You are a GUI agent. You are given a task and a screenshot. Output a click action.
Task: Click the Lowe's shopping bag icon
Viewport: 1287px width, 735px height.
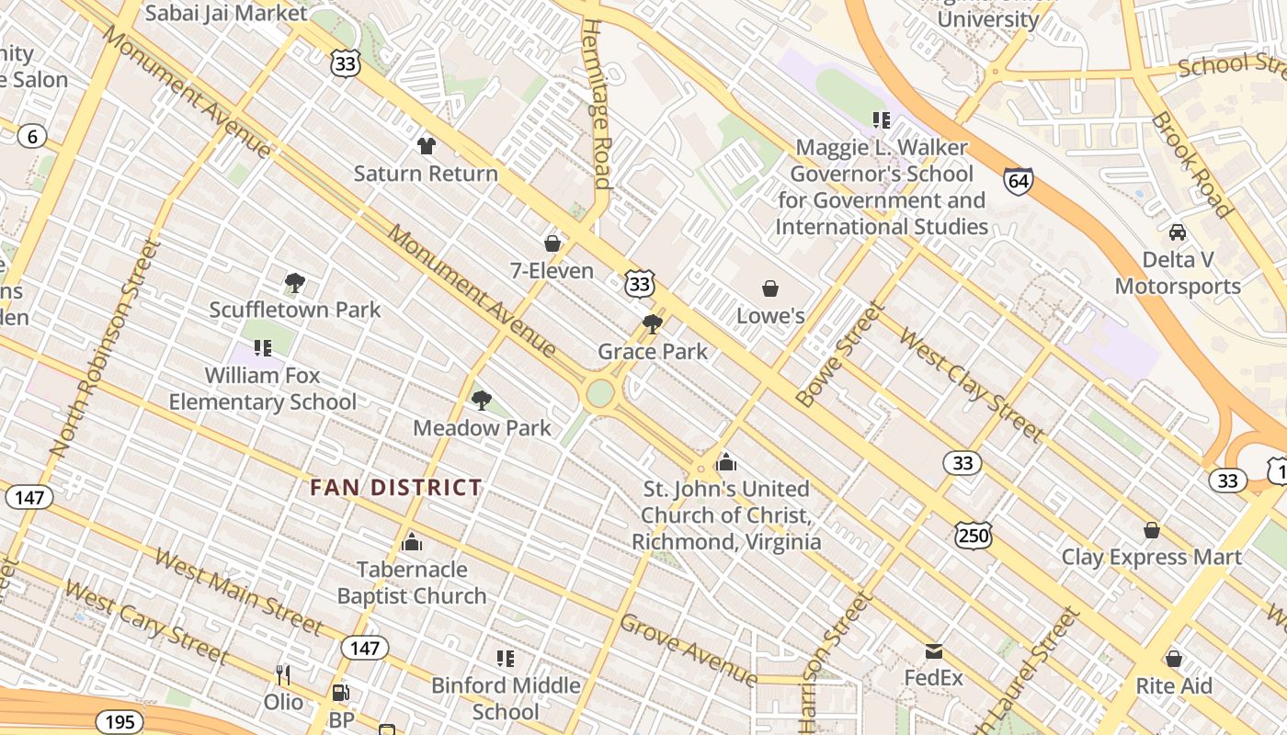770,289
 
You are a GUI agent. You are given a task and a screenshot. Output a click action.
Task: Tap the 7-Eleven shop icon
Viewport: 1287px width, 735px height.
552,243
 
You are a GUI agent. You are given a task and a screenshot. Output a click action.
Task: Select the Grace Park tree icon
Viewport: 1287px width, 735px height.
653,323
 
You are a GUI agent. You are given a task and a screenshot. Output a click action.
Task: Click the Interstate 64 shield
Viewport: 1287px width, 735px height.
1018,180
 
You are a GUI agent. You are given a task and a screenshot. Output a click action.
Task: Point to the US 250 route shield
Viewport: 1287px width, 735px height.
973,535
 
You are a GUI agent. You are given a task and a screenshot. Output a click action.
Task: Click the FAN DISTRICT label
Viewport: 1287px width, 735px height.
395,488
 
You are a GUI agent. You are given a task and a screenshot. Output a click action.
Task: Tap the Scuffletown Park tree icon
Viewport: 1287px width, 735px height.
294,283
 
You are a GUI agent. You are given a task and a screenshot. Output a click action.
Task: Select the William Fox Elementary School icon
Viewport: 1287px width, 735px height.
263,348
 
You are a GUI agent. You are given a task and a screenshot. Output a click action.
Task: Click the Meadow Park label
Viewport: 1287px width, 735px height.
482,428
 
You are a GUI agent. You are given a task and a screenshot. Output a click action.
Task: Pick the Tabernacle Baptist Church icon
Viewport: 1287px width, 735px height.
412,542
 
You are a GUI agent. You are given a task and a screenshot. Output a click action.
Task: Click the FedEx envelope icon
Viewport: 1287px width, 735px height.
934,652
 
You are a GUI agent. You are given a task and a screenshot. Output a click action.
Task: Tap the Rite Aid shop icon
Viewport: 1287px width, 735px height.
1173,659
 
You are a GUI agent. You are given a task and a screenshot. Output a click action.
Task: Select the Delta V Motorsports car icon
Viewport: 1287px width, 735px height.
1178,232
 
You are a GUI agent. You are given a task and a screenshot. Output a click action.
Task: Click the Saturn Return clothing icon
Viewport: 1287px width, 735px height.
426,145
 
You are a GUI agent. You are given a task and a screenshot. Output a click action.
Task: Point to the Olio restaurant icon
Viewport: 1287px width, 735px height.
283,675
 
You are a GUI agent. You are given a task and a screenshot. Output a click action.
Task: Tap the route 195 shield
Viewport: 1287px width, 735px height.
120,722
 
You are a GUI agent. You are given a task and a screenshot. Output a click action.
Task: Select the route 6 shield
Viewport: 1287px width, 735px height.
32,137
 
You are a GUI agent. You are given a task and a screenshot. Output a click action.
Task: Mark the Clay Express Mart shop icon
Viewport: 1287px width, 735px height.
1151,530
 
